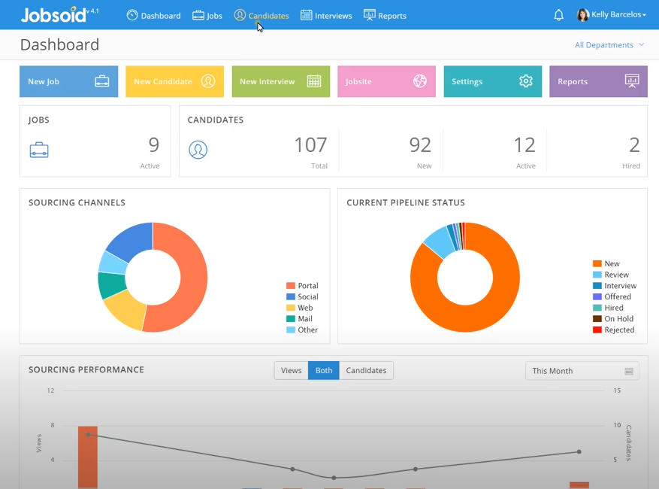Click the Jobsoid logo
tap(52, 15)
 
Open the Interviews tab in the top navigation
tap(326, 15)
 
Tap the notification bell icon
tap(558, 15)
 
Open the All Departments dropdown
tap(609, 45)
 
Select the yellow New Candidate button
tap(174, 81)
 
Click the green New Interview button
tap(280, 81)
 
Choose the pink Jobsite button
tap(386, 81)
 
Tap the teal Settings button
tap(492, 81)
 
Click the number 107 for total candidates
tap(310, 144)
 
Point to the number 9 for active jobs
tap(153, 144)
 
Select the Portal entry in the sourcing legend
tap(302, 286)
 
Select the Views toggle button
tap(291, 370)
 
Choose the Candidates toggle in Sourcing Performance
tap(366, 370)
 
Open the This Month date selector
tap(582, 371)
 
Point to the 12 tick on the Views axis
tap(50, 390)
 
